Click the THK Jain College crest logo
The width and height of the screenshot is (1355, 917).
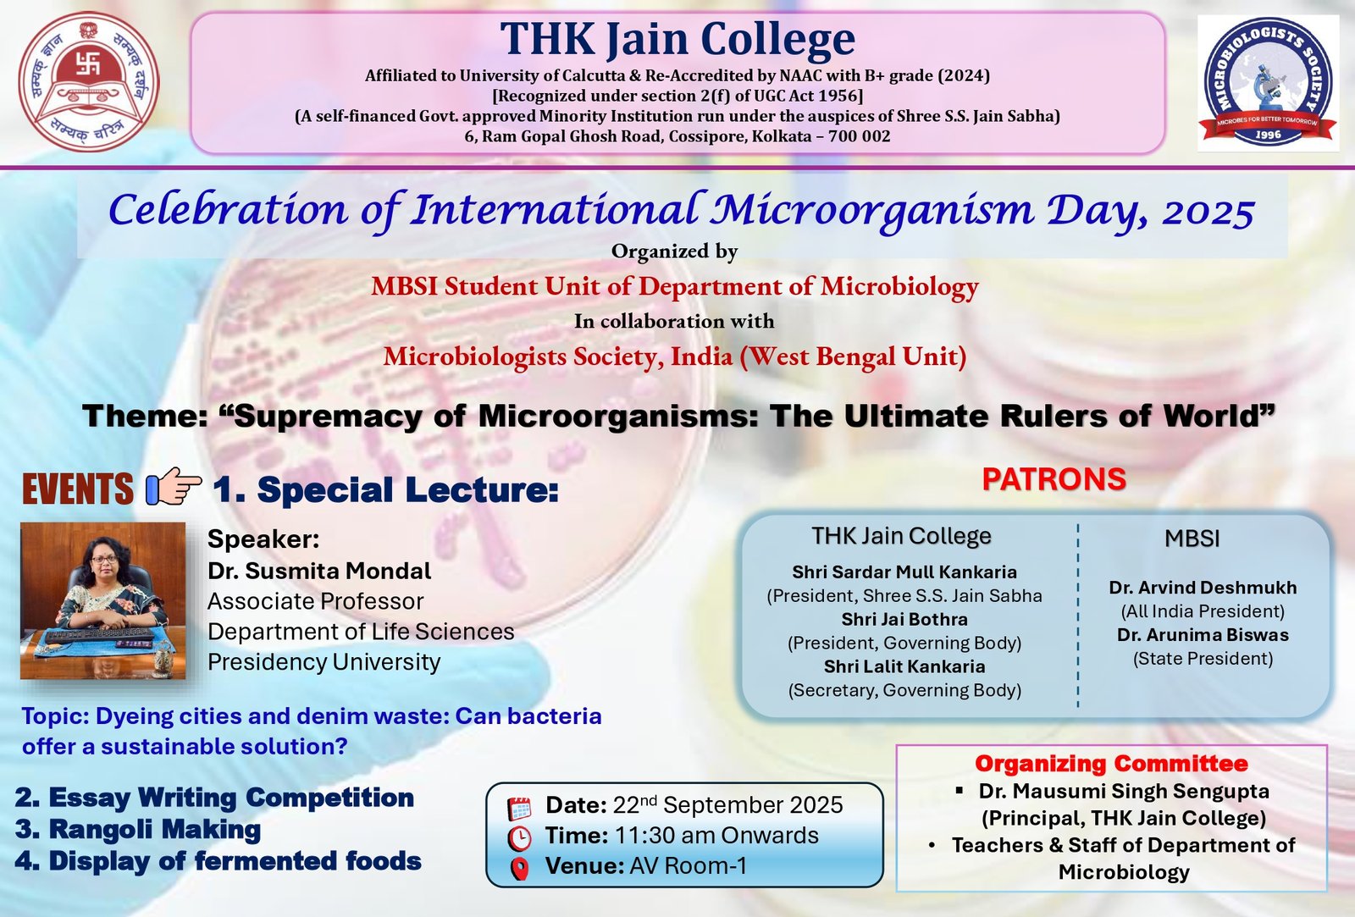[89, 81]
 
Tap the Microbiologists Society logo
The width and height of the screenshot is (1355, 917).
[1268, 83]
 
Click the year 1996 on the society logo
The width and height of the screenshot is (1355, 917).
[1268, 135]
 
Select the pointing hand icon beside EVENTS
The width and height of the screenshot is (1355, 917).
[174, 486]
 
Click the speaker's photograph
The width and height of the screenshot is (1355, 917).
[102, 600]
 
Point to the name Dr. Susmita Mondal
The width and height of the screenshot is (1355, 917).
[319, 571]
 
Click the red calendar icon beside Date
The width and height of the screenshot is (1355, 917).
[519, 808]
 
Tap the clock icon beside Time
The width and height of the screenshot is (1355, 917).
[519, 838]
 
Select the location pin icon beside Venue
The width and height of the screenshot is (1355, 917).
[520, 869]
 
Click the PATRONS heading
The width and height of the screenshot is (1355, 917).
[1054, 479]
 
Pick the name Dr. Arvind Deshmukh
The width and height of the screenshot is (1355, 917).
[1203, 588]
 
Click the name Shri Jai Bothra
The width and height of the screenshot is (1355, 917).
[904, 619]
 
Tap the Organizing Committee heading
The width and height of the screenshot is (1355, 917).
[1111, 764]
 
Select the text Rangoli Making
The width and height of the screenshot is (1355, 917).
[155, 829]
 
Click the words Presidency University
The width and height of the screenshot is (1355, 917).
[324, 662]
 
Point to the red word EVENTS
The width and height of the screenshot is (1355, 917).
[77, 489]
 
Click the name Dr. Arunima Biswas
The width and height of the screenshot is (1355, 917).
[1203, 634]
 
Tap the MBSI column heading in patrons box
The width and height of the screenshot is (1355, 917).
[1192, 539]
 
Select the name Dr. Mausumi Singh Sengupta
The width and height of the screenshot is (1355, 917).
[1124, 791]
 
